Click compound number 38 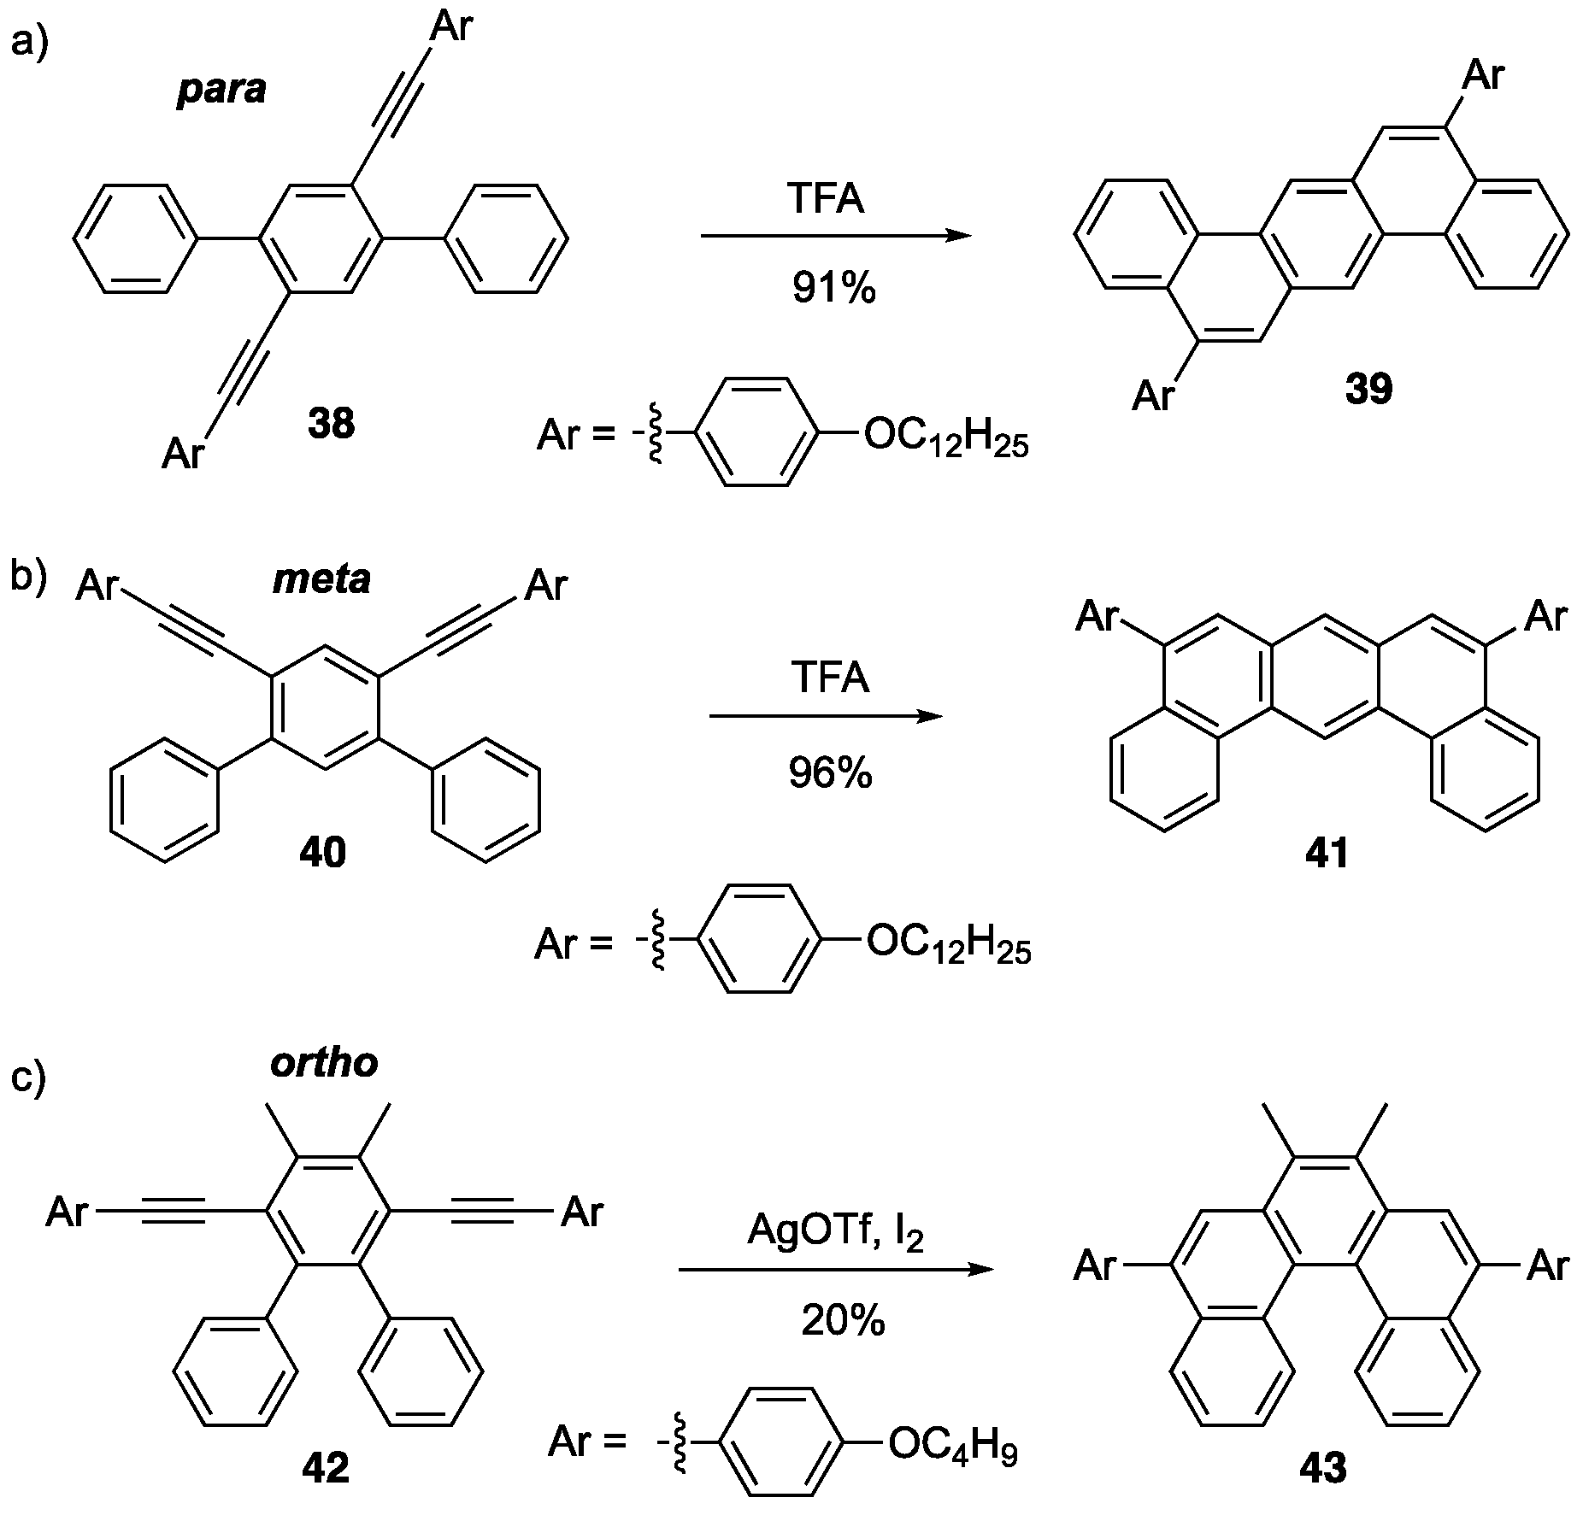(331, 423)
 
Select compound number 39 (1368, 389)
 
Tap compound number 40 (322, 853)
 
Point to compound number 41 (1327, 853)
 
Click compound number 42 (325, 1468)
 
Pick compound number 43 (1322, 1468)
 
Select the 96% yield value (830, 773)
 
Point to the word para (222, 89)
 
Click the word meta (321, 579)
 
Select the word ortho (324, 1063)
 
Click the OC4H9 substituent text (952, 1443)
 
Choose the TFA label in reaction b (830, 679)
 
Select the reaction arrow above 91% (835, 236)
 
